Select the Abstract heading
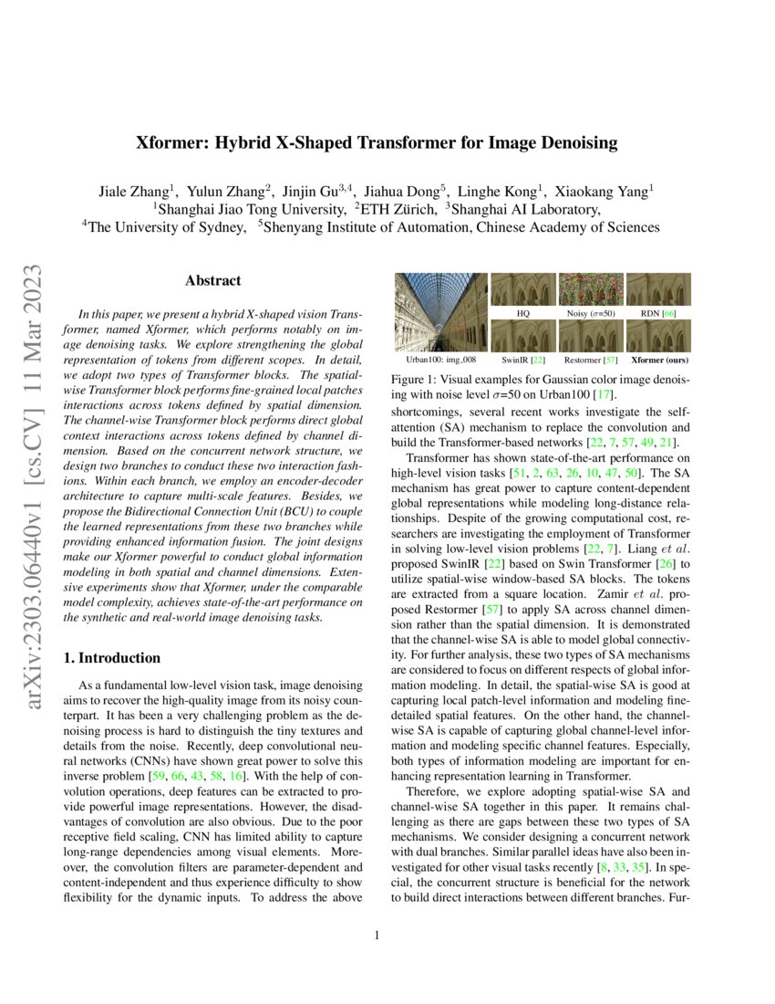point(212,281)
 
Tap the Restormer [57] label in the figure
point(590,361)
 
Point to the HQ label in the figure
point(523,312)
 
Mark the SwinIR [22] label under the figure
point(523,361)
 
